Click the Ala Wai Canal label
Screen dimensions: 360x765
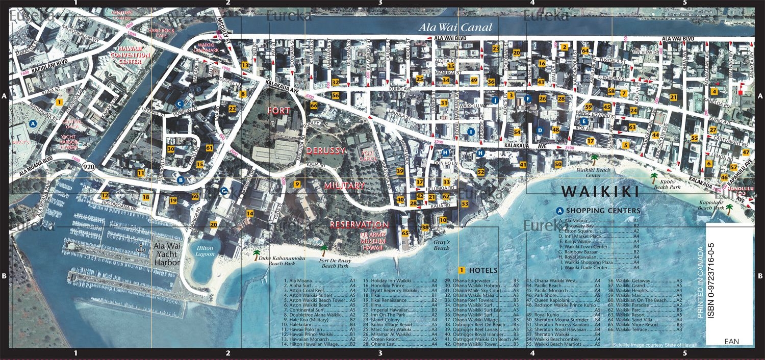[x=455, y=28]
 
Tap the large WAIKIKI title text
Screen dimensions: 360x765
[x=600, y=192]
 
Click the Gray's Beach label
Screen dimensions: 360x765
[x=442, y=245]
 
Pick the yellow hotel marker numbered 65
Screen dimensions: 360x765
[x=405, y=233]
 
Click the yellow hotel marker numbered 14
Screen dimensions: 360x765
[x=250, y=213]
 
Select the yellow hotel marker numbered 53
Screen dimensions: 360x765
[x=465, y=204]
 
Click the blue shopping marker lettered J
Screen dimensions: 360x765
[x=494, y=100]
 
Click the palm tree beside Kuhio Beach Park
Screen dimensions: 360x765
[x=654, y=177]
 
